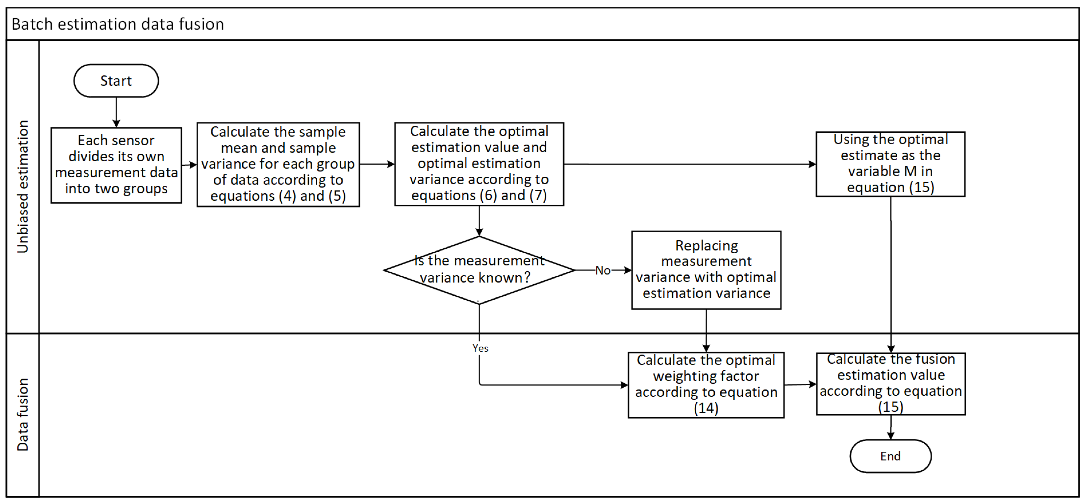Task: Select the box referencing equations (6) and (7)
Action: tap(479, 164)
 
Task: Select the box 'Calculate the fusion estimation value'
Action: tap(890, 384)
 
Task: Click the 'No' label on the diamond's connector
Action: tap(603, 270)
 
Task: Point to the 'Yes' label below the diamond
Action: tap(480, 348)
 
